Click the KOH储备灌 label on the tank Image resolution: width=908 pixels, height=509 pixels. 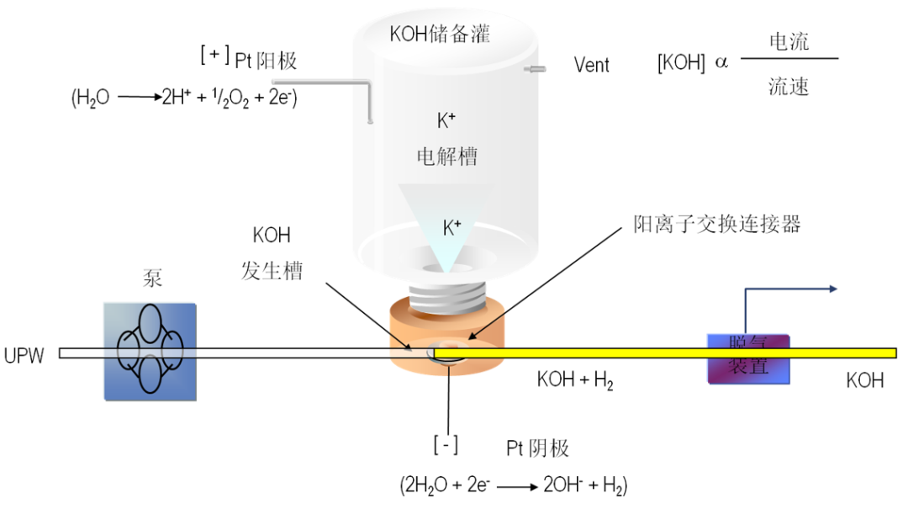[x=439, y=34]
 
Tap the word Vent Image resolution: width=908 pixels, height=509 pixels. [x=591, y=65]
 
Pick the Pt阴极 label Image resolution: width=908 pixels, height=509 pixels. [x=537, y=448]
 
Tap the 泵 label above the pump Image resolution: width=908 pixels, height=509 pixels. [x=152, y=279]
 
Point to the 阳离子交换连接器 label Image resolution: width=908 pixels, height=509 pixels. [x=716, y=223]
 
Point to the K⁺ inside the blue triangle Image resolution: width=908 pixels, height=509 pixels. [x=451, y=226]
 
